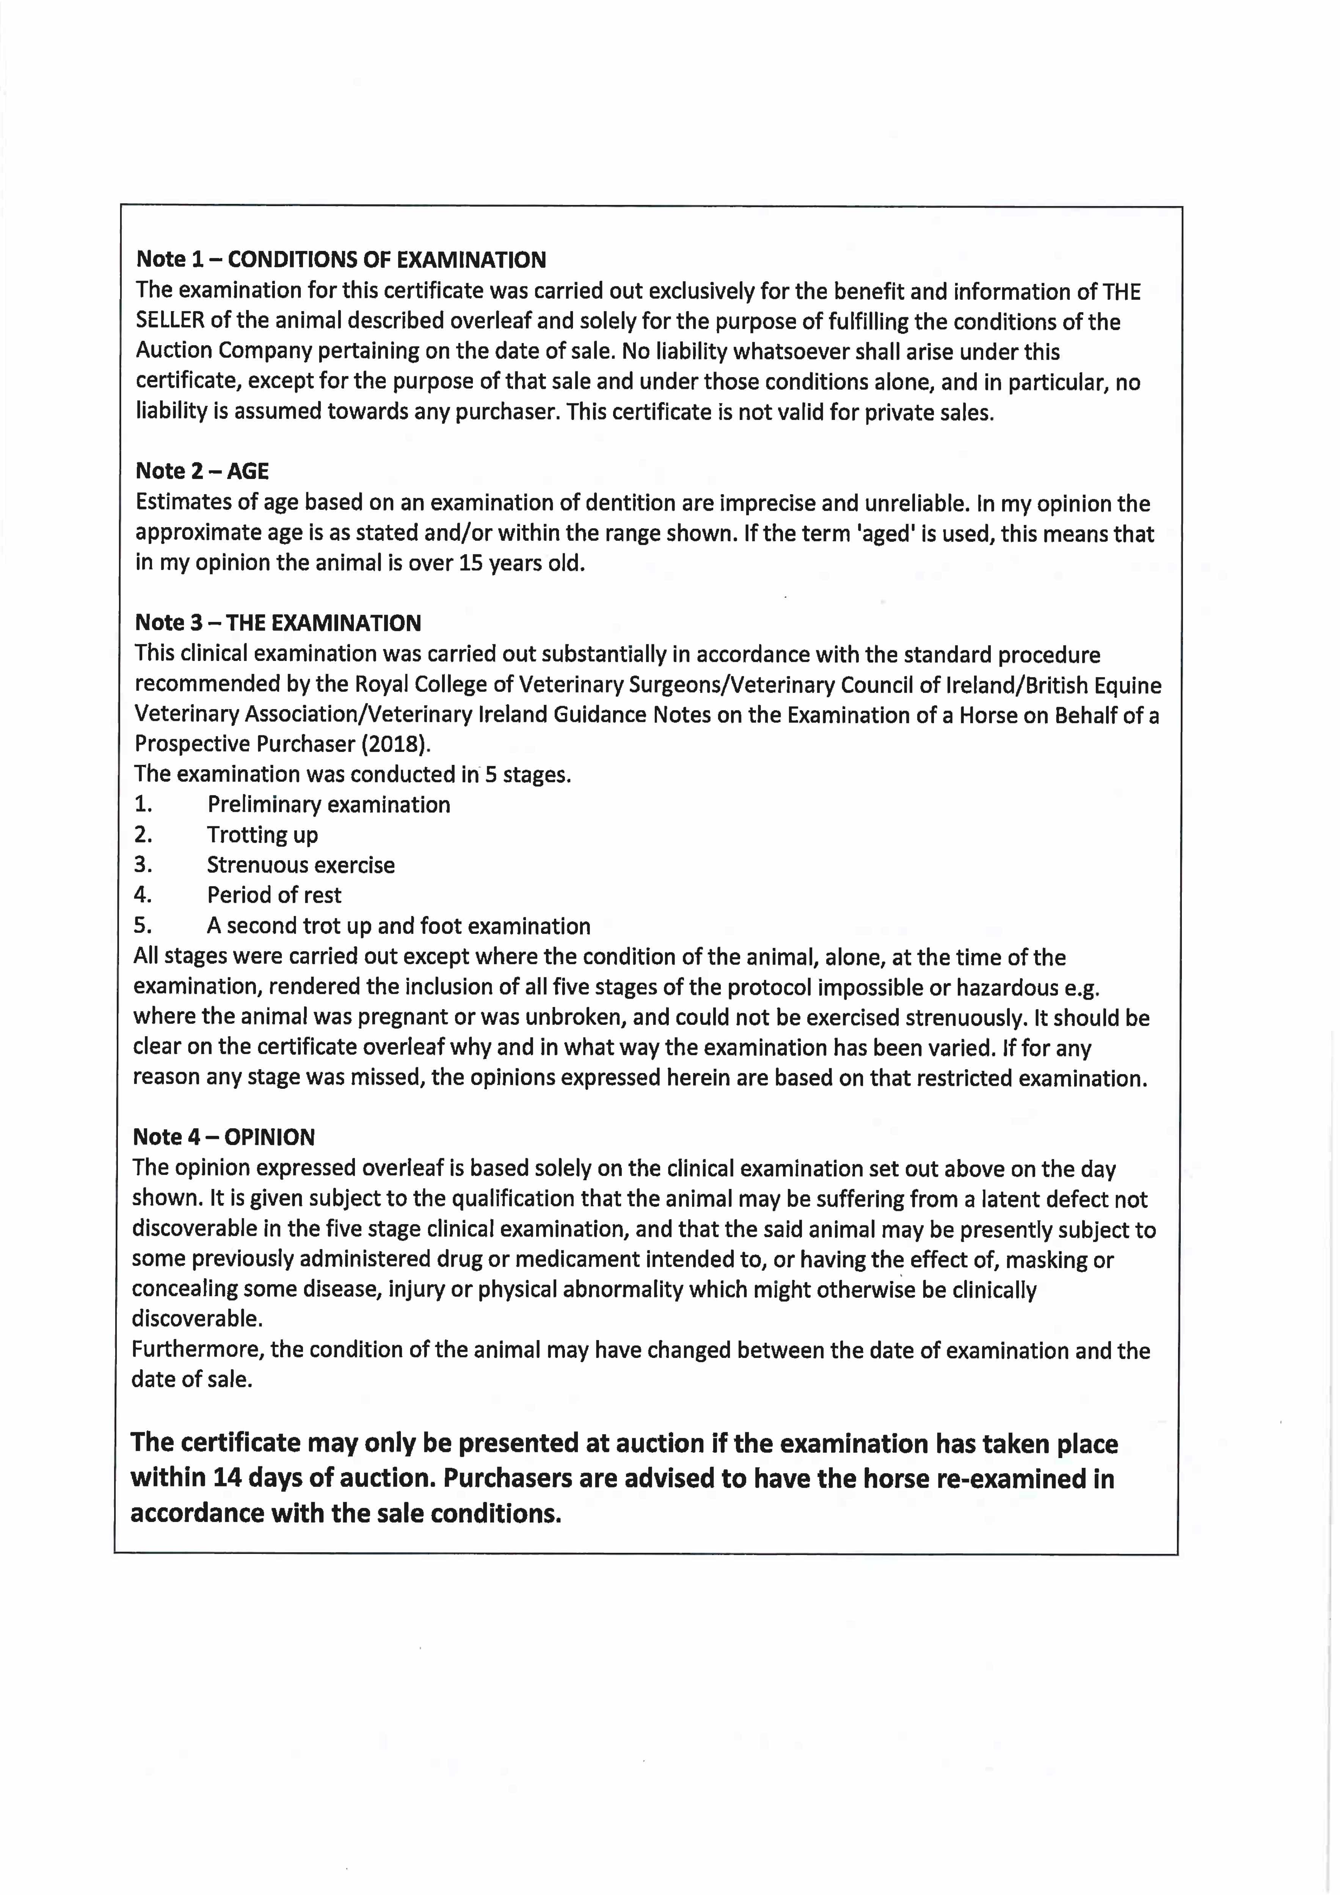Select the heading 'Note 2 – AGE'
(202, 471)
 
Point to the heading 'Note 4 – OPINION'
(224, 1137)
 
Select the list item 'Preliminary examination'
(329, 805)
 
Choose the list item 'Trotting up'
(262, 835)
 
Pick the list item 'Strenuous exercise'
(301, 865)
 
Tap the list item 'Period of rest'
(274, 896)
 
